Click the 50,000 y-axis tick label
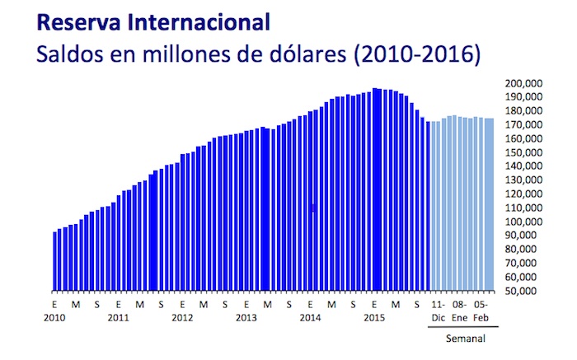pos(523,291)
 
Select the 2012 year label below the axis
pos(182,316)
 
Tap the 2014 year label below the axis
pos(310,316)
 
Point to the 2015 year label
pos(375,316)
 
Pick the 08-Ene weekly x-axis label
pos(460,311)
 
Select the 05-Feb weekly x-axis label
pos(482,311)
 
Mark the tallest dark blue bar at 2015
pos(375,189)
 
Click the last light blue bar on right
pos(492,205)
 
